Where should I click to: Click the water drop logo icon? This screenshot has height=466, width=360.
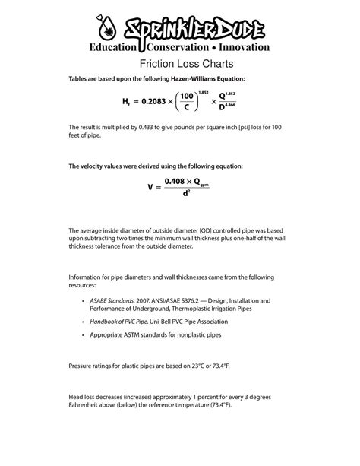[106, 29]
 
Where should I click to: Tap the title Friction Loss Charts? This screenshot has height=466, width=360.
[179, 64]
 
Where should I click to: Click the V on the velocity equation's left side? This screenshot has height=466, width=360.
[151, 187]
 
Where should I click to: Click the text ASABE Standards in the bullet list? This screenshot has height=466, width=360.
[115, 300]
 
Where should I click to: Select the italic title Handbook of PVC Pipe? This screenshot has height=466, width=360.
[119, 322]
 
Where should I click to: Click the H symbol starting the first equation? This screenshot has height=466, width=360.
[125, 101]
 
